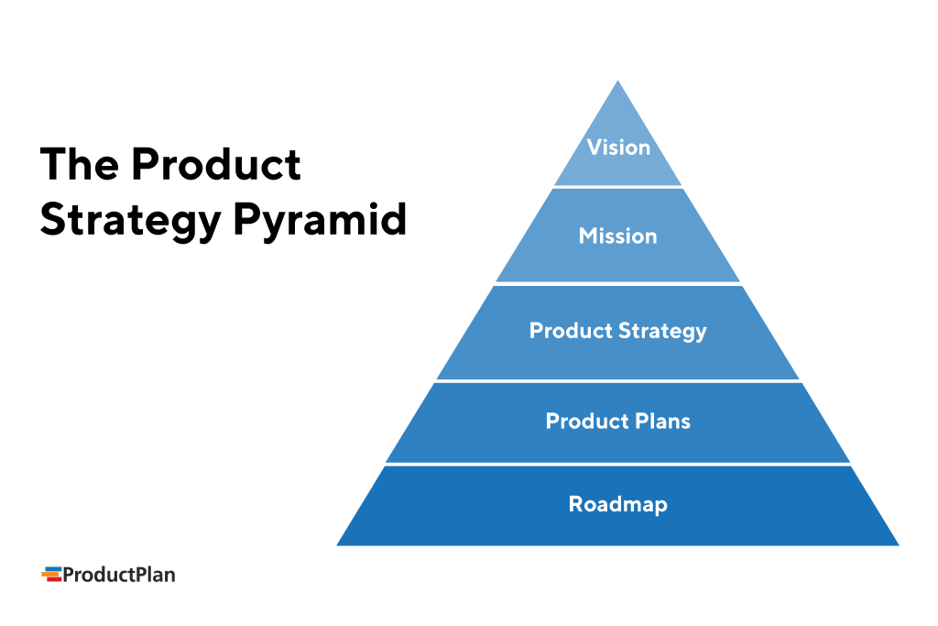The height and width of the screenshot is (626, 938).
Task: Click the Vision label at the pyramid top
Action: pos(618,148)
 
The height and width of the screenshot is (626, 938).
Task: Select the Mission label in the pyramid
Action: pos(617,236)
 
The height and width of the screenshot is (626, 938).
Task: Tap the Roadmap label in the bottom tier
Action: pos(617,504)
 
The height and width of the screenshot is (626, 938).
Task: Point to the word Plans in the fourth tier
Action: pos(661,422)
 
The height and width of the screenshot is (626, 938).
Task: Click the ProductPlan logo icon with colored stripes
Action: pos(50,575)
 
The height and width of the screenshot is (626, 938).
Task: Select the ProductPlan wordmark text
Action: pos(118,575)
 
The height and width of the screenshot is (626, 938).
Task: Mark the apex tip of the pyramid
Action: pos(617,83)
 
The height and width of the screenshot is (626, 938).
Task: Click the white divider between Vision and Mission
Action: pos(617,187)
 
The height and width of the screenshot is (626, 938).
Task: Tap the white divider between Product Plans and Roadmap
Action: pos(617,464)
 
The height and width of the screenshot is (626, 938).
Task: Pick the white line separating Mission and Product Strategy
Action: pos(617,284)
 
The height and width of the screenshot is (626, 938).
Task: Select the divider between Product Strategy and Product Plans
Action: pos(617,381)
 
